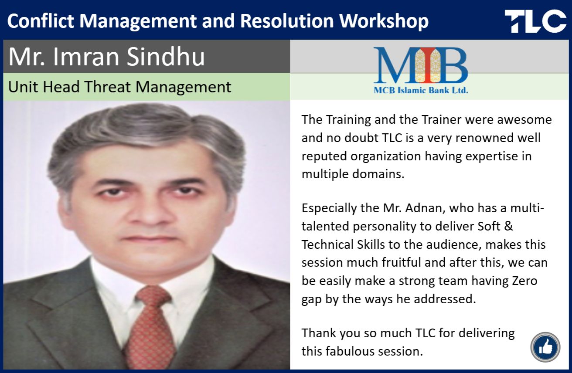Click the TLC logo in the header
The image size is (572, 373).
[x=535, y=21]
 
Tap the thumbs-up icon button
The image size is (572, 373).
[x=545, y=347]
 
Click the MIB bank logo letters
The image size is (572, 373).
[x=421, y=65]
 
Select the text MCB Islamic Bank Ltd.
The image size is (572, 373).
[x=421, y=90]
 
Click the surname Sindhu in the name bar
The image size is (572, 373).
[x=166, y=56]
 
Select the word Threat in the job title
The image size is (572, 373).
[x=108, y=87]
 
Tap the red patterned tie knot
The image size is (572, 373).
[x=153, y=298]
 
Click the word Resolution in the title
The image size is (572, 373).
[x=287, y=21]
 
